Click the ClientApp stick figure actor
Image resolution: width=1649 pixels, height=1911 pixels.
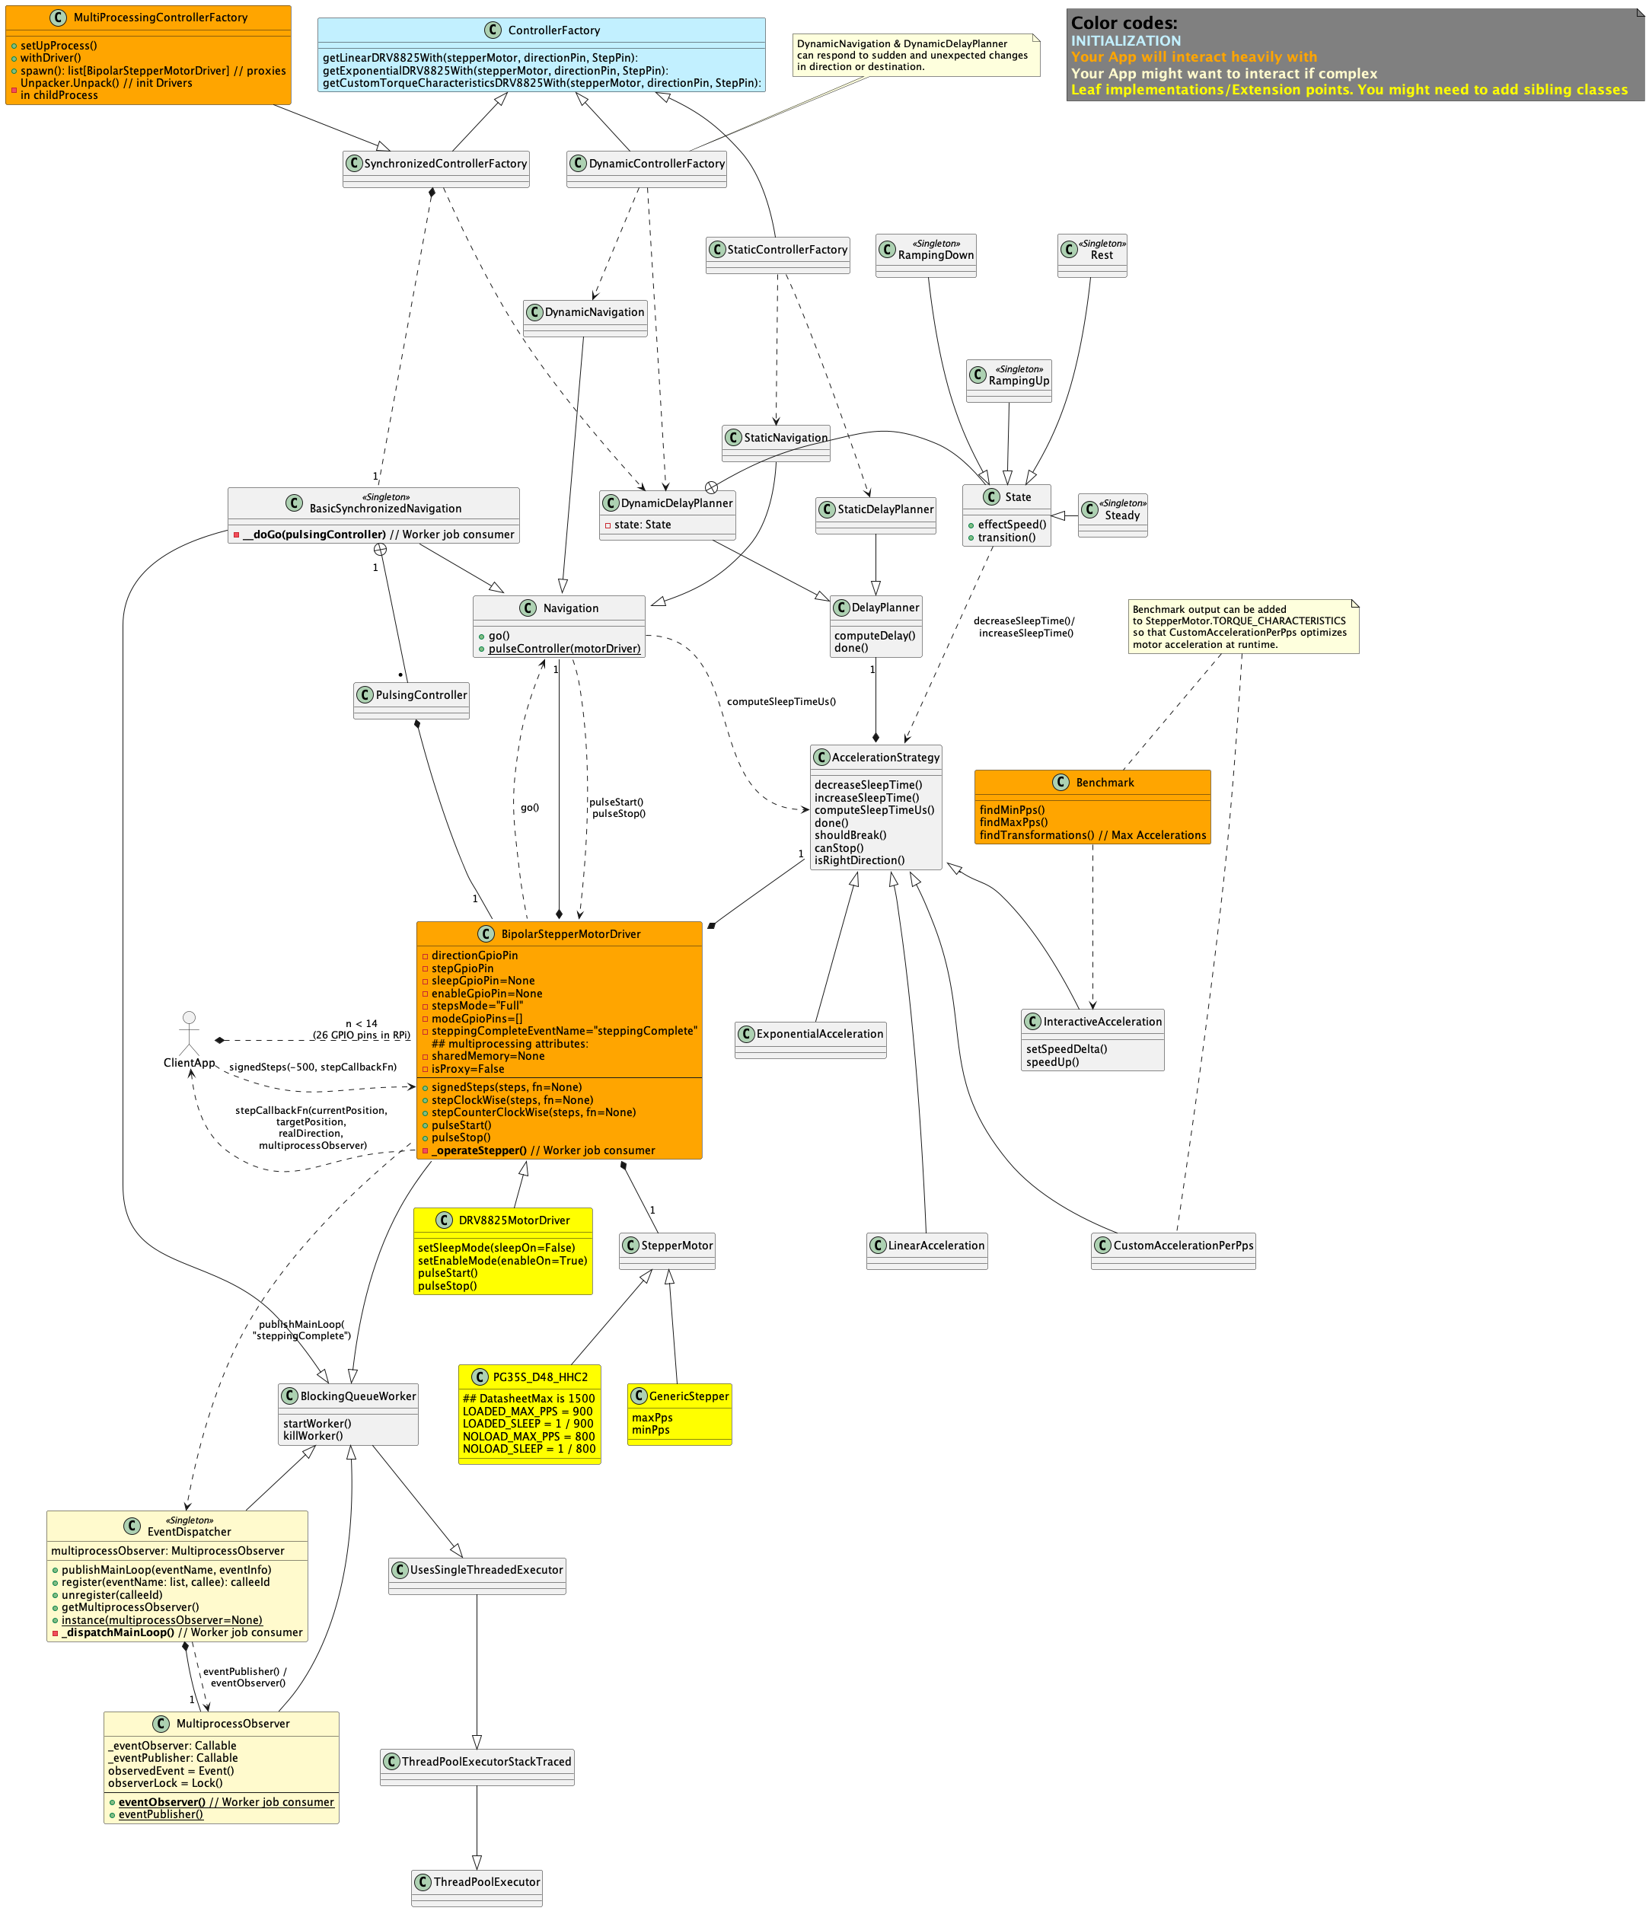click(189, 1033)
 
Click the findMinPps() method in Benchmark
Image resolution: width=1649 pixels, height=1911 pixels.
click(1012, 810)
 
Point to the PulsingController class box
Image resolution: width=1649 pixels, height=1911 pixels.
click(410, 699)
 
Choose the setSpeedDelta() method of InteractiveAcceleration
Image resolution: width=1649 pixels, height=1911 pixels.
click(1066, 1048)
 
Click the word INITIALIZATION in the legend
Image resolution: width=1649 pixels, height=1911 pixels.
click(1125, 40)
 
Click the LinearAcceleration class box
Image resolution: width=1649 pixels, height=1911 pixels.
click(926, 1249)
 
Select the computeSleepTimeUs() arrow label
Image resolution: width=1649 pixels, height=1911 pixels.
click(780, 702)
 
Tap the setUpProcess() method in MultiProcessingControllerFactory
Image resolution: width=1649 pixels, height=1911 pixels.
click(58, 45)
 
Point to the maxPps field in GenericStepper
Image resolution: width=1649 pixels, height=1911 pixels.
click(652, 1418)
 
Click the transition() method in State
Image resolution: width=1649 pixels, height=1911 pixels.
click(1006, 538)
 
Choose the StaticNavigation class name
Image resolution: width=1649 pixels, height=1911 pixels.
click(785, 438)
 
